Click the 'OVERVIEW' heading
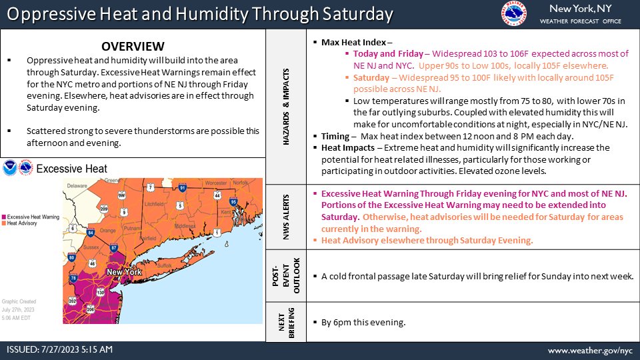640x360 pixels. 133,46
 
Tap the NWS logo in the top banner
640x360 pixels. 515,14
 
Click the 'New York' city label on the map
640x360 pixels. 123,272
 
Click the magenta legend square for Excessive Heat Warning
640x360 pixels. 5,217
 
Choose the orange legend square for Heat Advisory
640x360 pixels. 5,224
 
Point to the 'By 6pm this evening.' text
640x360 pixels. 363,323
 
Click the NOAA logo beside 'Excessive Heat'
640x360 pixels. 11,169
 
